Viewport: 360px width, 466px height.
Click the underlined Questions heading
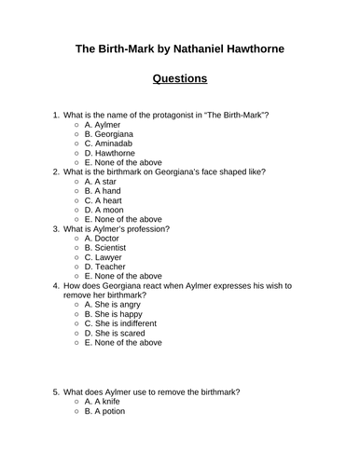179,77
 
